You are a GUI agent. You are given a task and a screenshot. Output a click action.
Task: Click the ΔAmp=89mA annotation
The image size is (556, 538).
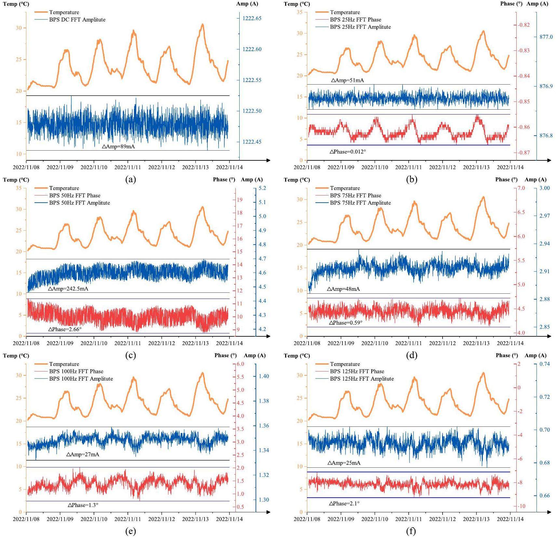[118, 147]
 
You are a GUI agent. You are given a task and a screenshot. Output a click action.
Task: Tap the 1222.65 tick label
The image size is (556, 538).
[252, 18]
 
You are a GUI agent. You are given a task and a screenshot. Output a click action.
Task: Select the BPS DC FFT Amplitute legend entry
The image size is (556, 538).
[77, 20]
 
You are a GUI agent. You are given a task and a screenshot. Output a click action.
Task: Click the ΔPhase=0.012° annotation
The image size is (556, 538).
[348, 152]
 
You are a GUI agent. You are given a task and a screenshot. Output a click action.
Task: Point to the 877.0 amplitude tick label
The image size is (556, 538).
[546, 37]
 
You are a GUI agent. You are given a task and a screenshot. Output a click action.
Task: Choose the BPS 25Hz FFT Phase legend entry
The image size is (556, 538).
[355, 20]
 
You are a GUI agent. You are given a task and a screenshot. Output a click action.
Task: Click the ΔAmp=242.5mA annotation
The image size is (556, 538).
[68, 289]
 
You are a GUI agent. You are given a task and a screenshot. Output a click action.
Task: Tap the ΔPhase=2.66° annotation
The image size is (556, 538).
[65, 329]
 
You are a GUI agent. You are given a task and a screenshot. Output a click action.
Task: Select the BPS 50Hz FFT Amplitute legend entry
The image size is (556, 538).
[79, 203]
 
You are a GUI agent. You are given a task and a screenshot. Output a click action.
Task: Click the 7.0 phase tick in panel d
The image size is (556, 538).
[521, 188]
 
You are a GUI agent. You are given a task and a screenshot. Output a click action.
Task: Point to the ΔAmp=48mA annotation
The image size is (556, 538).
[343, 289]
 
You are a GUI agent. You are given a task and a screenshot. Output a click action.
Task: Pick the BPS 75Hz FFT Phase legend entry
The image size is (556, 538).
[355, 195]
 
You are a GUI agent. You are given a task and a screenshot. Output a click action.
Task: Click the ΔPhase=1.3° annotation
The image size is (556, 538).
[83, 505]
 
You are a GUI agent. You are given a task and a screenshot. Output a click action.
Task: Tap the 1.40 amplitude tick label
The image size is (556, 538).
[264, 376]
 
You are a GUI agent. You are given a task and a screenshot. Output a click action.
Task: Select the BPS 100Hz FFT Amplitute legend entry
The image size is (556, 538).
[81, 379]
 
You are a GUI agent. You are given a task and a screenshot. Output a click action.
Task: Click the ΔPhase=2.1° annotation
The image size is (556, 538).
[344, 504]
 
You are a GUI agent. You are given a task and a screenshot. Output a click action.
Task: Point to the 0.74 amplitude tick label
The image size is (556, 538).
[545, 364]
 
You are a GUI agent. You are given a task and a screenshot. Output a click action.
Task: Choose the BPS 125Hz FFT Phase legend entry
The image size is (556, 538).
[357, 371]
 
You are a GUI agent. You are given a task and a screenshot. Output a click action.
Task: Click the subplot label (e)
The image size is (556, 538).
[130, 531]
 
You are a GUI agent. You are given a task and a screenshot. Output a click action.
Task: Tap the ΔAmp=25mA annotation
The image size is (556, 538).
[344, 463]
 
